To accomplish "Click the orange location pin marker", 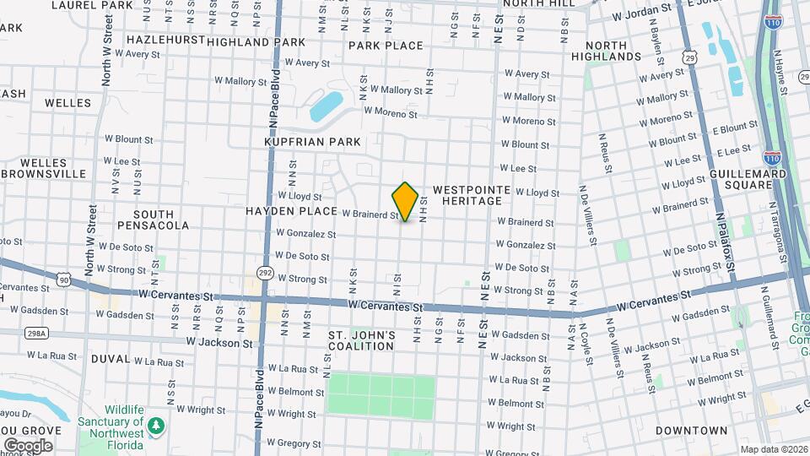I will click(405, 201).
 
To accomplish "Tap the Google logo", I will click(28, 445).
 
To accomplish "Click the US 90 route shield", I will click(64, 278).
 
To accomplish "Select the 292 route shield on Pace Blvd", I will click(266, 273).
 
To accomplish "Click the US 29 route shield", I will click(690, 57).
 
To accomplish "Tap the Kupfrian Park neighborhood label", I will click(312, 142).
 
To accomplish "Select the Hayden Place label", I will click(286, 209).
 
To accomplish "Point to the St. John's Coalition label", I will click(361, 340).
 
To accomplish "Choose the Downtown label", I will click(691, 431).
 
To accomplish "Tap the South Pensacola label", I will click(154, 220).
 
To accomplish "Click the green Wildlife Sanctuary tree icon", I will click(155, 426).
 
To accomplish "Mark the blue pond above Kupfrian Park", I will click(326, 107).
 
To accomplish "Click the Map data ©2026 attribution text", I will click(773, 449).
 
